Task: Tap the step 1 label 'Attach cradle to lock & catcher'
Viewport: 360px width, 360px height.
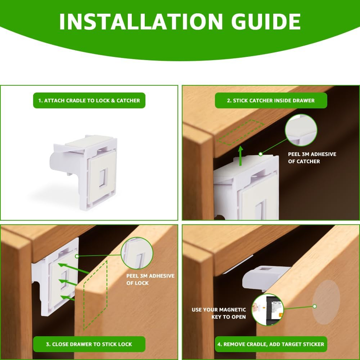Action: (89, 100)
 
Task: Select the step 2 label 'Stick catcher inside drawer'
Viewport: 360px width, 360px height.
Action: (271, 100)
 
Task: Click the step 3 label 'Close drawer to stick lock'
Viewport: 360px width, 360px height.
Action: (89, 344)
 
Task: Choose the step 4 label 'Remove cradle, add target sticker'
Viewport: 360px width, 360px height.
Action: (271, 344)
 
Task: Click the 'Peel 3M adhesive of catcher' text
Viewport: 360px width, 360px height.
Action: (312, 158)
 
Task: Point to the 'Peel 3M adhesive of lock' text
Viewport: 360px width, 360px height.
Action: (150, 279)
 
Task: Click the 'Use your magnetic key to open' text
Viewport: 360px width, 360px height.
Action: (219, 313)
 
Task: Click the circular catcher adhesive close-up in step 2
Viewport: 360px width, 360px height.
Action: (301, 130)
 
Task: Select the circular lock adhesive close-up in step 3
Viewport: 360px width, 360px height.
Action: (137, 253)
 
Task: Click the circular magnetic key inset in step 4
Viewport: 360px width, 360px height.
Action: (267, 310)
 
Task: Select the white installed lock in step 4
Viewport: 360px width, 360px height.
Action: (265, 277)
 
